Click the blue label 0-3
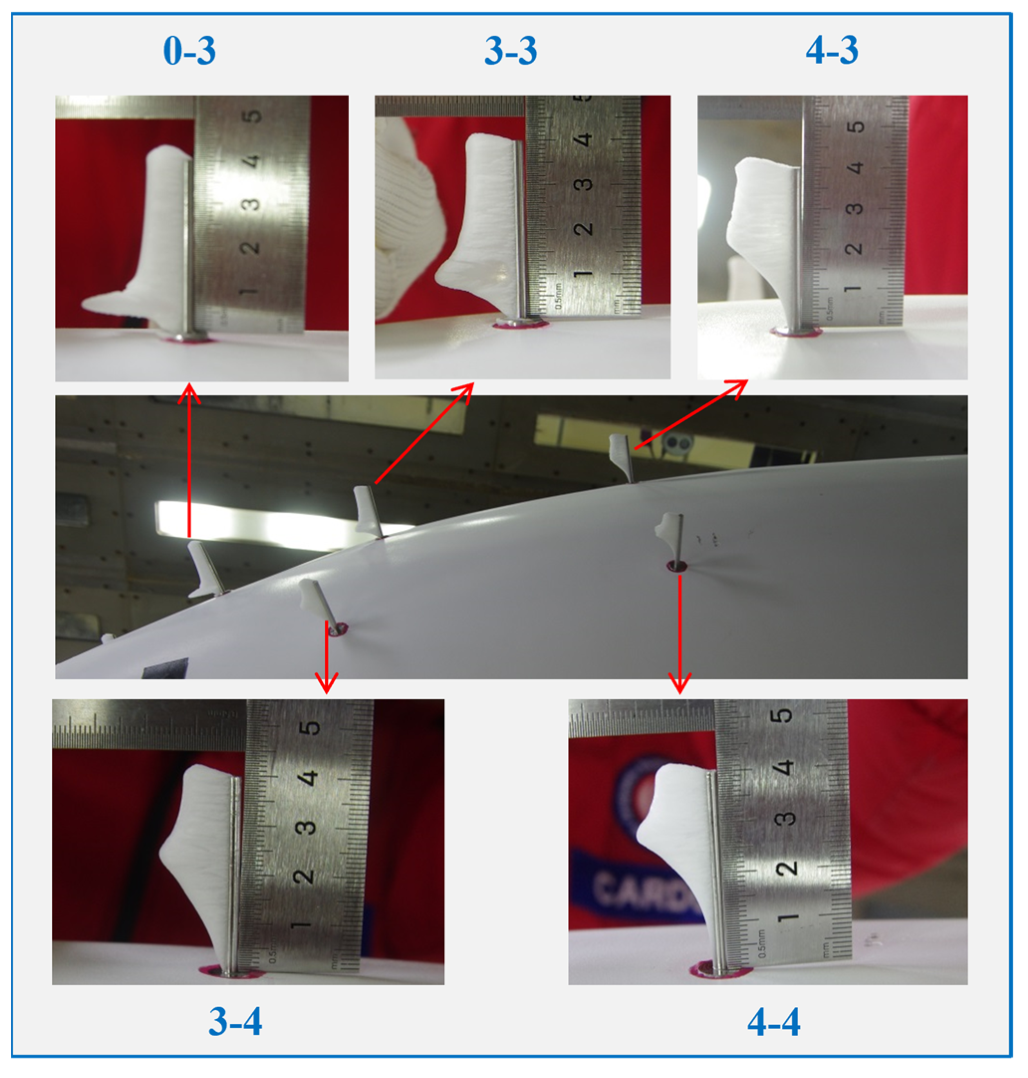click(x=190, y=51)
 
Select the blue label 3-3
click(x=511, y=51)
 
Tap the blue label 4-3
click(x=832, y=51)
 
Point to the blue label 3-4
click(x=236, y=1021)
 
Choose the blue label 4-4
click(x=774, y=1021)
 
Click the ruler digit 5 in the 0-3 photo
click(x=252, y=117)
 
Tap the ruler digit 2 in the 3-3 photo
click(x=584, y=229)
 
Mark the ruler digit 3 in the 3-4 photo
click(x=306, y=827)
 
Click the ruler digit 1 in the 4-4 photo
click(x=785, y=917)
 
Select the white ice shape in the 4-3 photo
click(x=762, y=219)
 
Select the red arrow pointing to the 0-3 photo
click(x=190, y=460)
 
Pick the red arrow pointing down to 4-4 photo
click(x=680, y=635)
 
